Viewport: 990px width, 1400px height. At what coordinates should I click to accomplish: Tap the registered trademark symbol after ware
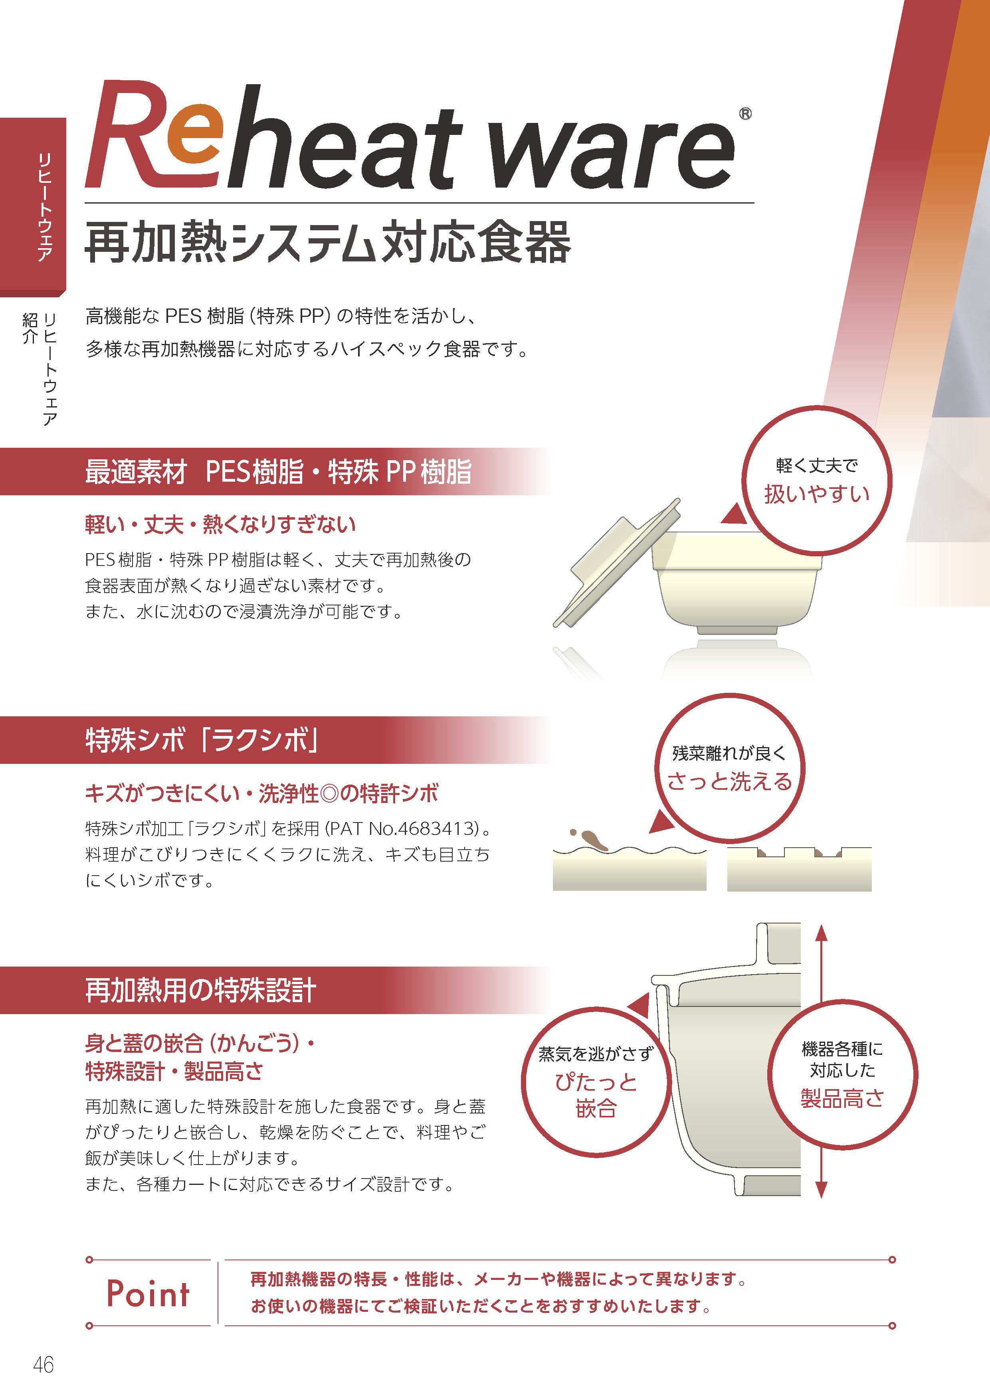tap(745, 113)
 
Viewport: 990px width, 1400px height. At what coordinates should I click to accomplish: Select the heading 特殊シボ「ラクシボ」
tap(202, 740)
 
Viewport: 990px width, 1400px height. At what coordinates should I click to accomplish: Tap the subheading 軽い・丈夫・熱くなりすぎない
tap(220, 524)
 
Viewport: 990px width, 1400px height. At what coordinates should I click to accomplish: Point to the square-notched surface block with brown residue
tap(799, 868)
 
